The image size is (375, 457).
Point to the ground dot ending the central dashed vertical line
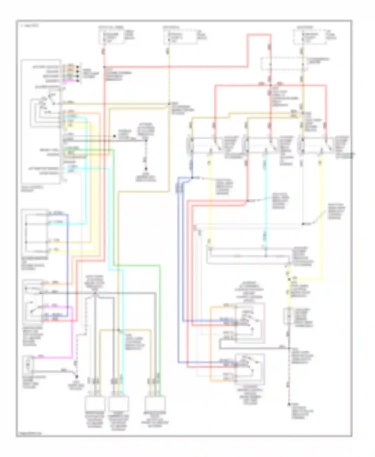click(146, 169)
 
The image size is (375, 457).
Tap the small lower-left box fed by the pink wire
click(28, 363)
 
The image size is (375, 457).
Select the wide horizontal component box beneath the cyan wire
click(247, 255)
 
